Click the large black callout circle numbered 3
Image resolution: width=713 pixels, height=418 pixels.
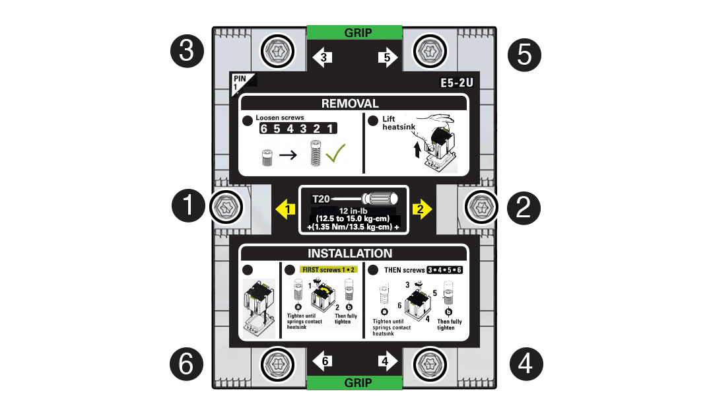[187, 51]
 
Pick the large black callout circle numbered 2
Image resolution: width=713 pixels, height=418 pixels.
[524, 207]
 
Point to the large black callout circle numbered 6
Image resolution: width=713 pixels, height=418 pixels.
[187, 363]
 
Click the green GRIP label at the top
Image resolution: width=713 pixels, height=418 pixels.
[355, 32]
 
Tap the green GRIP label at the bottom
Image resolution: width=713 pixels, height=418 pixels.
[355, 383]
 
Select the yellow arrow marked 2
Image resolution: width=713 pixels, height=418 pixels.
[421, 210]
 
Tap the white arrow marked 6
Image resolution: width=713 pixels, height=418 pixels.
[322, 361]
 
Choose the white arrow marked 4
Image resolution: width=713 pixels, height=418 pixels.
[387, 361]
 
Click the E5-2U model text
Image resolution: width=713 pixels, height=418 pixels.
[457, 83]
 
